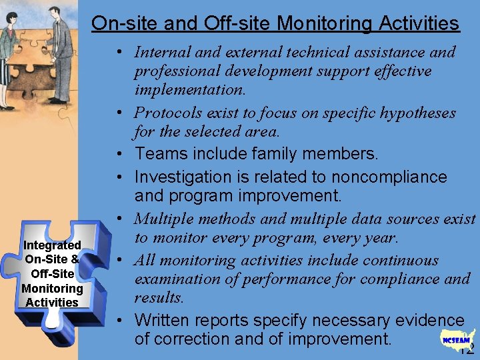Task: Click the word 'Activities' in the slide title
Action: click(419, 24)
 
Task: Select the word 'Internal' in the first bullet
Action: click(161, 52)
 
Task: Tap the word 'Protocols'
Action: click(170, 113)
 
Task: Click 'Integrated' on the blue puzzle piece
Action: click(52, 245)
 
